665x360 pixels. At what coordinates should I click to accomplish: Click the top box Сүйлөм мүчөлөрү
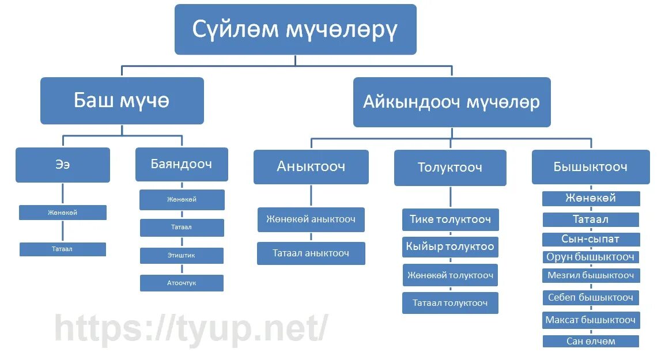(295, 29)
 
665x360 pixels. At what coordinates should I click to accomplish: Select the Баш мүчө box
(122, 101)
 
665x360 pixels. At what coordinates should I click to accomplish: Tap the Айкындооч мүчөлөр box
(451, 103)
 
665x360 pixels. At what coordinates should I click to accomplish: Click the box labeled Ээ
(62, 165)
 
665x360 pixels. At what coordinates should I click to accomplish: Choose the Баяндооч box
(182, 164)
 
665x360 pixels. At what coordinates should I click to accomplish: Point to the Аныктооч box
(311, 166)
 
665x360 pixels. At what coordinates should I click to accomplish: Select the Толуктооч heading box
(449, 168)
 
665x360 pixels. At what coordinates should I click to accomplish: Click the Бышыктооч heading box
(590, 167)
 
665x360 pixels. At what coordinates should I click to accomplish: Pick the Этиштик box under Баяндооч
(182, 255)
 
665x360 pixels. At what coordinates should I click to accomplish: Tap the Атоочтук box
(182, 283)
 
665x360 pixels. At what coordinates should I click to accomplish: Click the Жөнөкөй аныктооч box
(311, 219)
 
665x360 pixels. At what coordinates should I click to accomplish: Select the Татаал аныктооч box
(311, 253)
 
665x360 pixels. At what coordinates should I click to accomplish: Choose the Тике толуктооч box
(450, 219)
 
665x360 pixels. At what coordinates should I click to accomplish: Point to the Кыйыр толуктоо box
(450, 247)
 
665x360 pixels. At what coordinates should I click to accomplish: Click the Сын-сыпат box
(591, 239)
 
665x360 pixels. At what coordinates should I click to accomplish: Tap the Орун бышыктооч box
(591, 257)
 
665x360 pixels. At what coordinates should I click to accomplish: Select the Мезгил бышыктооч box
(591, 275)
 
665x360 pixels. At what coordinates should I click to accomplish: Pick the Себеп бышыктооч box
(591, 297)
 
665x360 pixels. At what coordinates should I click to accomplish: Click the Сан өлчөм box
(591, 341)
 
